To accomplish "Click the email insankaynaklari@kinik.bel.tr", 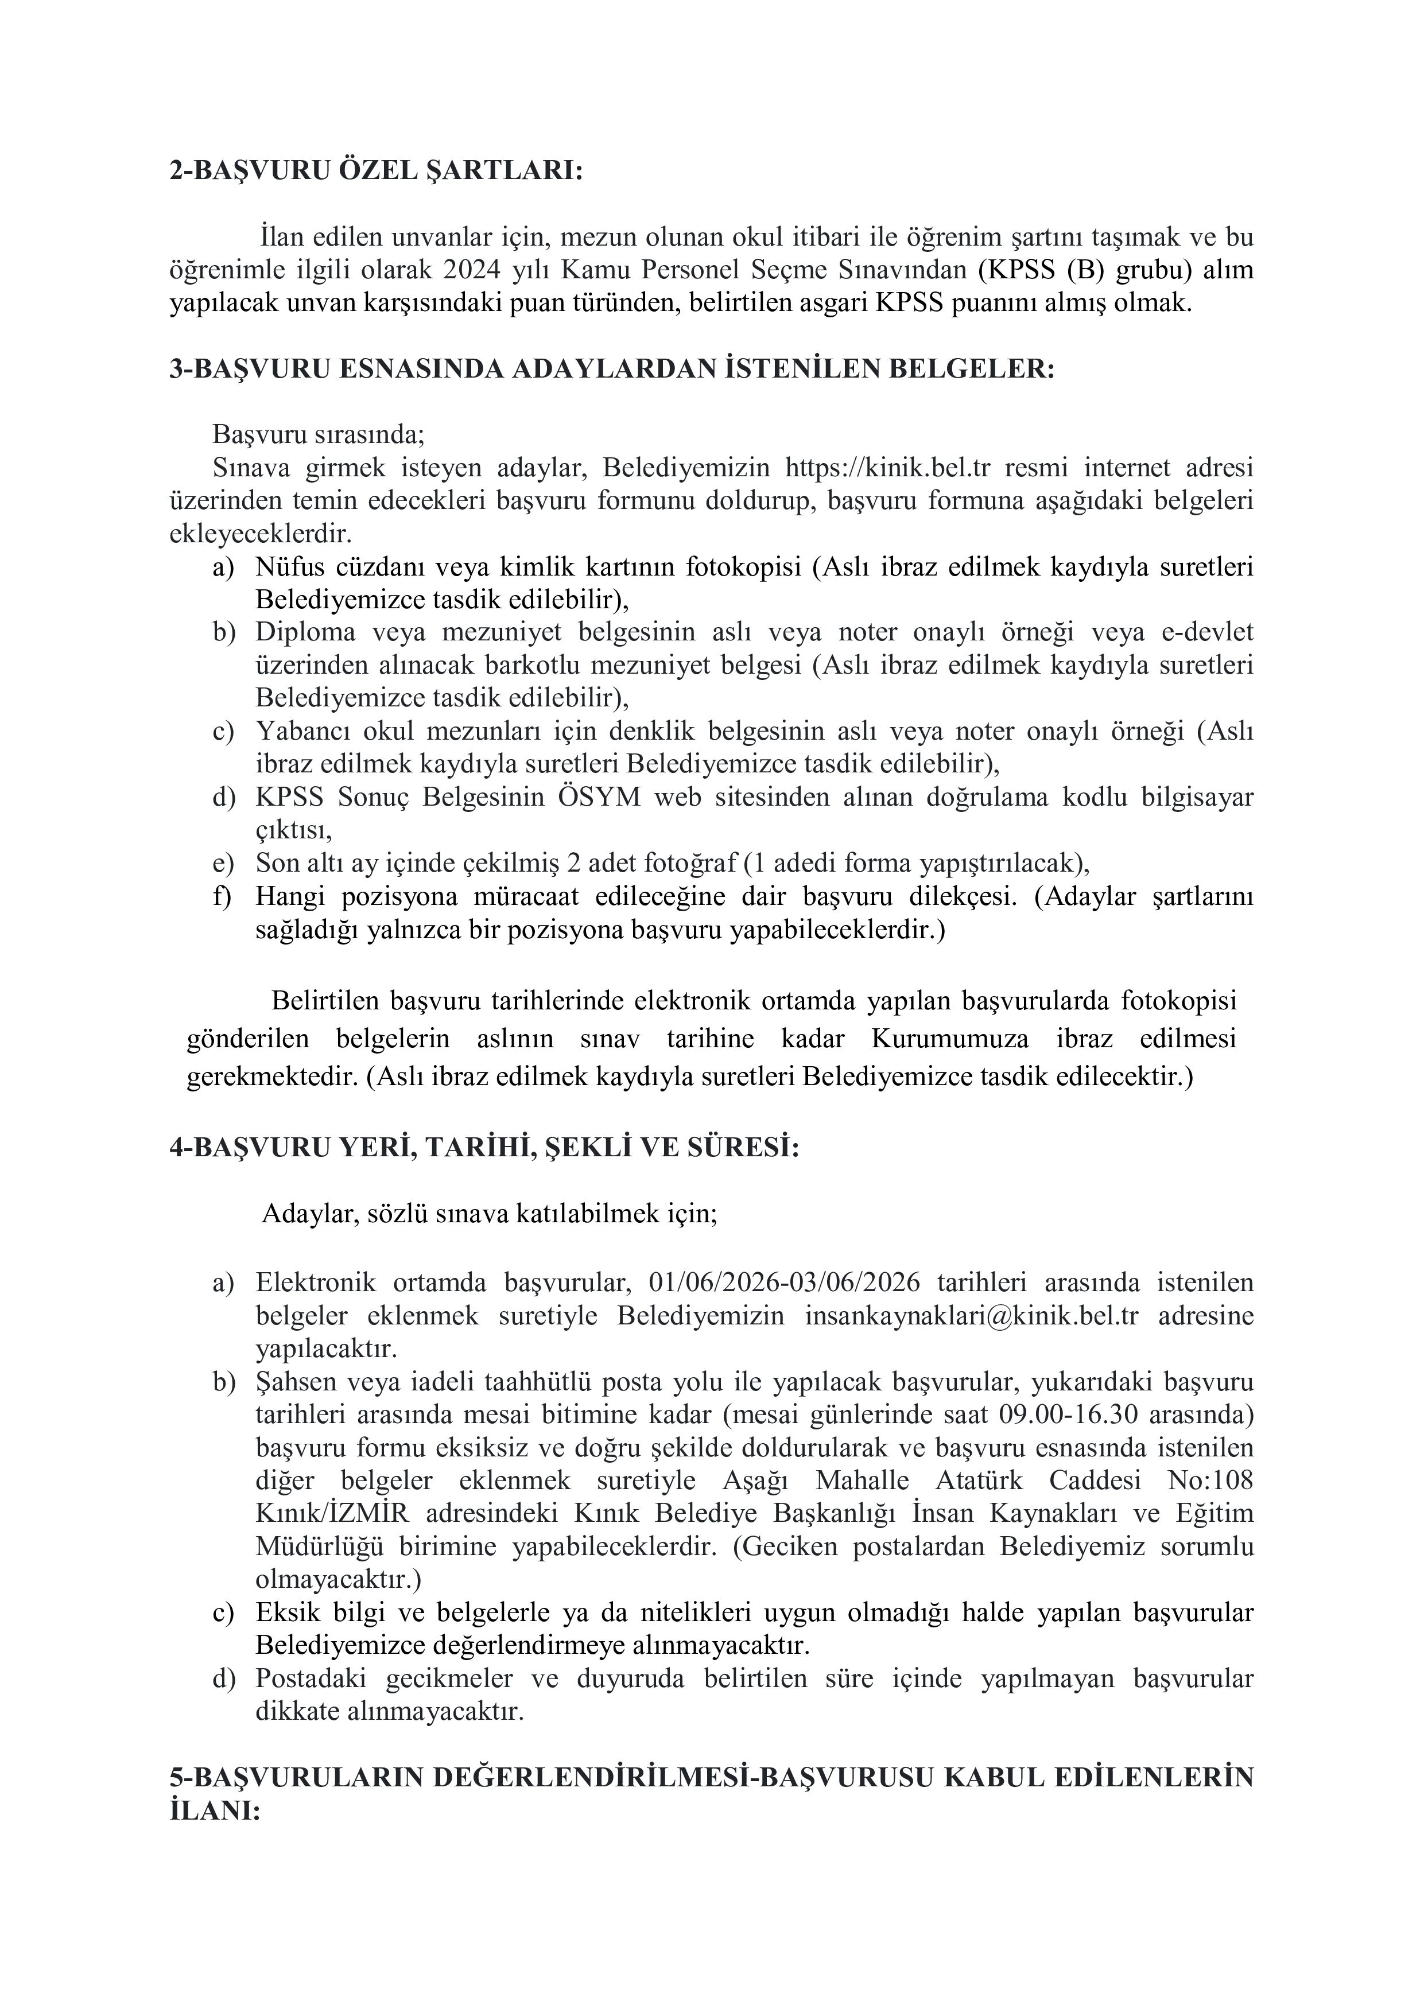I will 972,1316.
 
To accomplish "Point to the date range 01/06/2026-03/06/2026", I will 785,1283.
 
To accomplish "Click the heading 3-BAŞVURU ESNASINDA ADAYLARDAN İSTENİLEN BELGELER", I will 611,369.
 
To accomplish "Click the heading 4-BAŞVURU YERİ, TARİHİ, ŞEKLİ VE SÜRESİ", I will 484,1148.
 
